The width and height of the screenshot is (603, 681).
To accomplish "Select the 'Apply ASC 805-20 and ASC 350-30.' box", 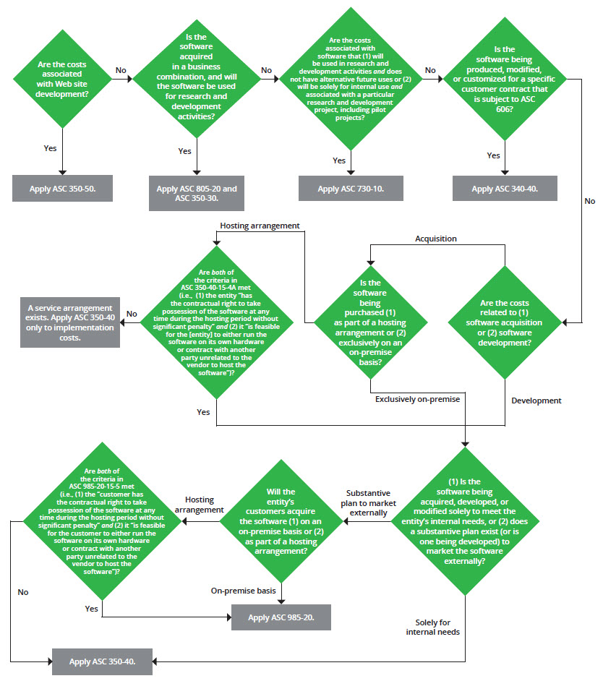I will [197, 193].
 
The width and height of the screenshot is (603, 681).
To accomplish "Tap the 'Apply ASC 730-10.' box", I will [351, 188].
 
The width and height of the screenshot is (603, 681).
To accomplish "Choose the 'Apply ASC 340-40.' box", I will [505, 188].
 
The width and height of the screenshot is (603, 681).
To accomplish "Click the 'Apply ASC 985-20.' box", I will [281, 617].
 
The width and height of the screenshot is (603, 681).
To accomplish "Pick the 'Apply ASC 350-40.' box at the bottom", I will [102, 661].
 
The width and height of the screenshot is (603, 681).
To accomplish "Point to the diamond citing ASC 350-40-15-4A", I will [216, 323].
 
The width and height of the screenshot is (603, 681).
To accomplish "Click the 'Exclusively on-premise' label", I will [417, 399].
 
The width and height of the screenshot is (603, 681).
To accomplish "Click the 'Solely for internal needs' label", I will [438, 626].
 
